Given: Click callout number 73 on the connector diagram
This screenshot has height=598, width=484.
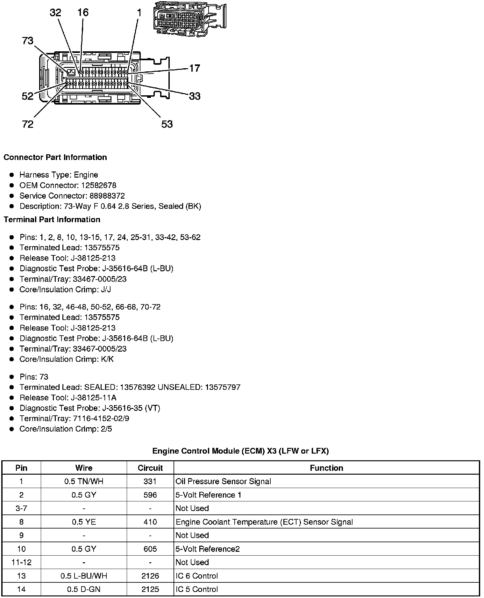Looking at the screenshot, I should pos(28,41).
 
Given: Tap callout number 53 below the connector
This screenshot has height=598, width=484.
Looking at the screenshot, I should pos(167,124).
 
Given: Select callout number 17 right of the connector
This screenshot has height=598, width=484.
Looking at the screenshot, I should pos(195,68).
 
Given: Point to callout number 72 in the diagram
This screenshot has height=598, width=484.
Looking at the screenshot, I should pos(28,124).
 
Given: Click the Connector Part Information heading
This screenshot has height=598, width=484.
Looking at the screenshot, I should pos(55,157).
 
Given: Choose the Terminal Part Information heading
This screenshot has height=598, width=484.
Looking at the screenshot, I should pos(52,220).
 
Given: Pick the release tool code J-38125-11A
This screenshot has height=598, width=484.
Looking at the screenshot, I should pos(100,397).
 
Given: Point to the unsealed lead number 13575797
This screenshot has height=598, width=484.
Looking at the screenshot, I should pos(223,387).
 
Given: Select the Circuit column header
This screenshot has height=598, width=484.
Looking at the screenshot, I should pos(150,468).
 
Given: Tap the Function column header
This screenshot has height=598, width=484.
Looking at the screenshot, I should pos(326,468).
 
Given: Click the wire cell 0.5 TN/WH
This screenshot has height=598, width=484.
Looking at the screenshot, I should pos(84,481).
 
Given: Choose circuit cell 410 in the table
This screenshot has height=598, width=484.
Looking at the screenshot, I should pos(150,522).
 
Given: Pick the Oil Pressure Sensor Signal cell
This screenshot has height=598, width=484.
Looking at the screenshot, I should pos(223,481).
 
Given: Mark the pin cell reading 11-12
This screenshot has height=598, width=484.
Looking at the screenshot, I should pos(21,562).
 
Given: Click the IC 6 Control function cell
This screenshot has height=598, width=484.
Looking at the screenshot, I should pos(197,576).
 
